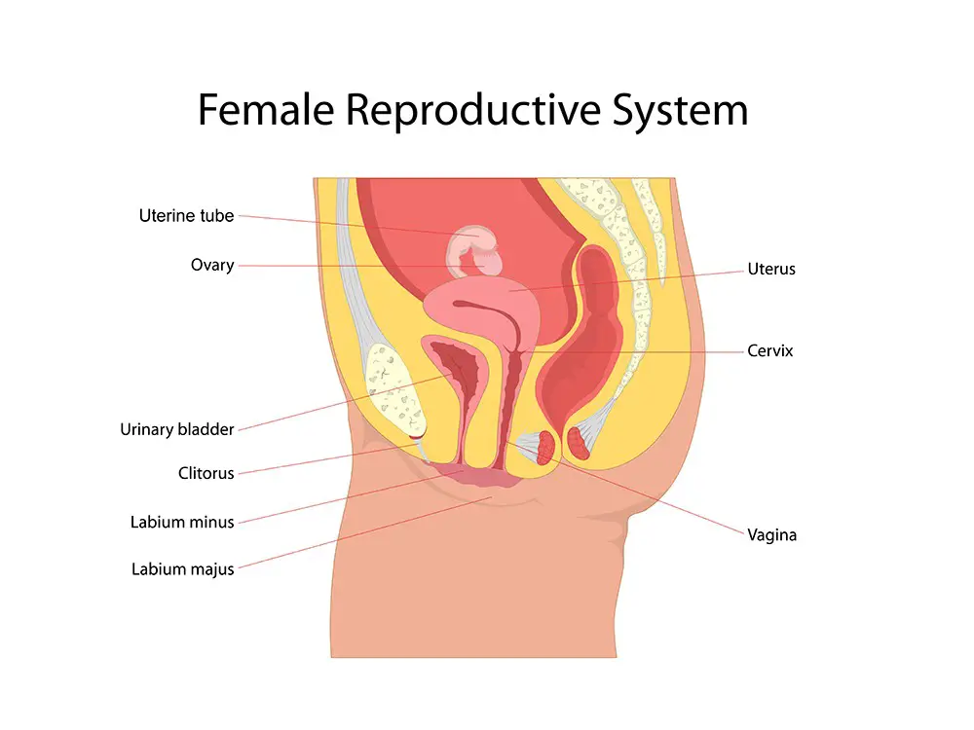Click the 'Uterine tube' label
click(x=186, y=216)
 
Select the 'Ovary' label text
click(x=212, y=265)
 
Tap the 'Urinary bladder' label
click(x=177, y=429)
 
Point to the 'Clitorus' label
click(x=206, y=473)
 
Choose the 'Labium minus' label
click(x=182, y=522)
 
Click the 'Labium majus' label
click(x=183, y=569)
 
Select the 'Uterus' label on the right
click(x=771, y=269)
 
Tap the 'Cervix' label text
click(x=770, y=350)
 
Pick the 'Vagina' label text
click(x=771, y=535)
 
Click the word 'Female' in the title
click(x=266, y=110)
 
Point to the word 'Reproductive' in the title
click(x=472, y=111)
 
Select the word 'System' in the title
click(x=680, y=111)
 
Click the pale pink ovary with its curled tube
click(x=473, y=252)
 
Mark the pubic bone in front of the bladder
click(x=393, y=388)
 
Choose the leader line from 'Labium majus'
click(x=365, y=532)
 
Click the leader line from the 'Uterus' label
click(x=626, y=280)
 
